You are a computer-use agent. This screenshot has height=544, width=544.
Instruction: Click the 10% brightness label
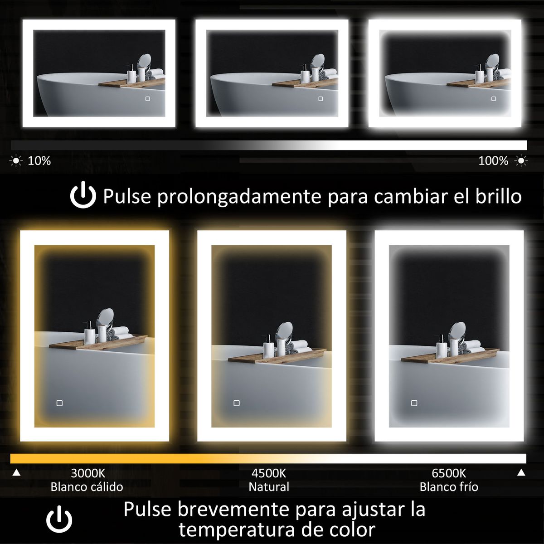click(39, 161)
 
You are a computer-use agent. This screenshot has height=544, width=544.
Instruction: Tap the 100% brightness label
click(493, 161)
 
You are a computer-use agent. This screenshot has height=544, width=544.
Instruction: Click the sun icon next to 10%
click(16, 161)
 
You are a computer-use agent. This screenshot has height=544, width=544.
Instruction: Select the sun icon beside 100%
click(521, 161)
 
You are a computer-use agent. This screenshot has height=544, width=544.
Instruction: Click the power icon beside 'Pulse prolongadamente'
click(83, 195)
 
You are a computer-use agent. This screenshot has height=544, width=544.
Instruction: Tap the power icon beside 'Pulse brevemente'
click(59, 519)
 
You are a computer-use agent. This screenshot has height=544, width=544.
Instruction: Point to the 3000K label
click(88, 473)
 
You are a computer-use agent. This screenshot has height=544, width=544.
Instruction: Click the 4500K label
click(269, 473)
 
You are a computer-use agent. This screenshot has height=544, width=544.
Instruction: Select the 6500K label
click(449, 473)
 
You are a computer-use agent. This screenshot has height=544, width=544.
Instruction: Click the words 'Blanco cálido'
click(87, 487)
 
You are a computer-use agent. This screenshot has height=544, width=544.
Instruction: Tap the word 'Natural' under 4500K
click(269, 487)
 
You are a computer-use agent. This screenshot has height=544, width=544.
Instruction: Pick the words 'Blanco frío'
click(449, 487)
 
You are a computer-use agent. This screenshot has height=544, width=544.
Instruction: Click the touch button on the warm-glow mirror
click(59, 403)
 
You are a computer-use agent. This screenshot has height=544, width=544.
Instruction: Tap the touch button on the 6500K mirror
click(414, 403)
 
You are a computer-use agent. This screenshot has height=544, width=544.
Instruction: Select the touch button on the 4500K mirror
click(237, 403)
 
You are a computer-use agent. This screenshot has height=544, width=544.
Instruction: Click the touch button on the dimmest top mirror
click(148, 99)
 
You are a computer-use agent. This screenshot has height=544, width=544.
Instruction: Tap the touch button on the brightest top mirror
click(494, 99)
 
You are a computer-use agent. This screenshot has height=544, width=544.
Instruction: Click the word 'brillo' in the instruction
click(499, 196)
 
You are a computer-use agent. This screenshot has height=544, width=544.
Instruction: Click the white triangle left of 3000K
click(16, 472)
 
